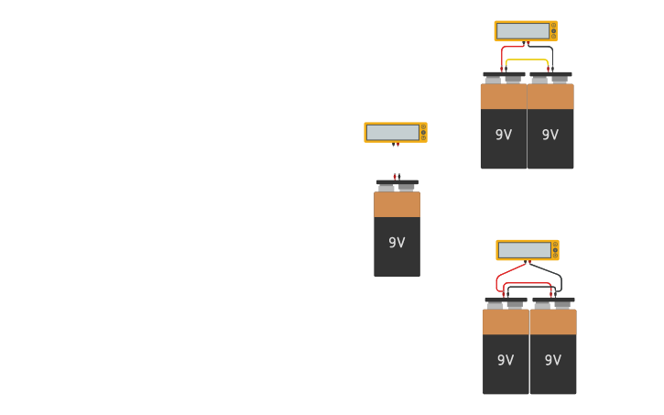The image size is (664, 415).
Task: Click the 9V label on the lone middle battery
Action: coord(397,243)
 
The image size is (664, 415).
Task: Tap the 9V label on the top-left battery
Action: coord(504,135)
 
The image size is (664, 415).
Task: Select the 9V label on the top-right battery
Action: coord(550,135)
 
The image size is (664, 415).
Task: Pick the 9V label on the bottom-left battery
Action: coord(506,360)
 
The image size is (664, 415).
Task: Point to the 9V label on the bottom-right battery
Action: coord(553,360)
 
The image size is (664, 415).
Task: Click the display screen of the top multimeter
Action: coord(523,31)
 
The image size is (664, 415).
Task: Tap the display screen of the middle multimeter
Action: coord(393,133)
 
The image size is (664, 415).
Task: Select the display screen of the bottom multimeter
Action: coord(525,250)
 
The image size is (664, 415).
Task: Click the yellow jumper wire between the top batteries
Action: coord(527,60)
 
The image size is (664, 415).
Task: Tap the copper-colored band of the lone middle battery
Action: coord(397,204)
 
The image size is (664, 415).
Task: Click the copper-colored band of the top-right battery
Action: coord(550,96)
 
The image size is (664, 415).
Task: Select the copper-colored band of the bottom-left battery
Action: coord(506,322)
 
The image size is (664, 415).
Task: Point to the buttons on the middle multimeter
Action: coord(423,133)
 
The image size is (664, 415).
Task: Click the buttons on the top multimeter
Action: coord(553,31)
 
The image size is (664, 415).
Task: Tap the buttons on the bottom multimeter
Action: coord(555,250)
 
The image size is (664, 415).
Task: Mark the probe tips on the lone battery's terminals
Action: coord(397,176)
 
